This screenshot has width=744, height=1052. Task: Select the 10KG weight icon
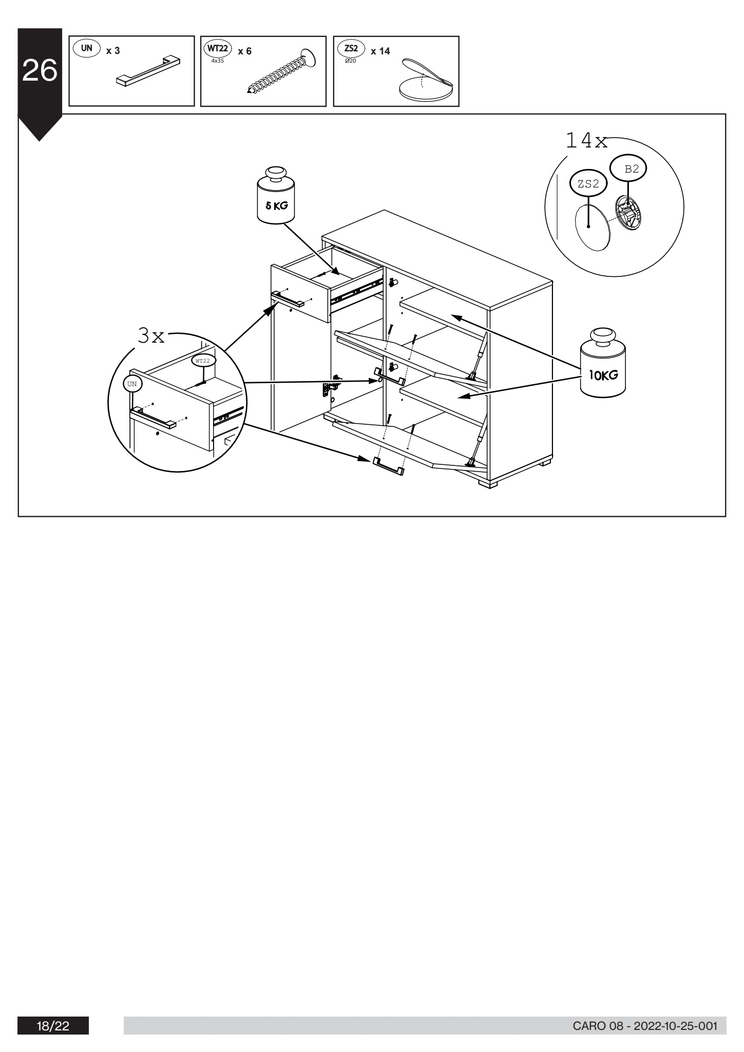click(x=603, y=364)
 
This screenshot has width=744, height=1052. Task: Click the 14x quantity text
click(x=586, y=140)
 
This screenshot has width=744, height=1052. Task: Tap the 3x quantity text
click(x=151, y=336)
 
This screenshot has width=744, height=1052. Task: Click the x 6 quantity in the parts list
click(x=244, y=51)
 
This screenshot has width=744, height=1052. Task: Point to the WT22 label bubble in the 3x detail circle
click(x=203, y=361)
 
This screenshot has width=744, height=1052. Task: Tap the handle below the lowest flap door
click(x=388, y=465)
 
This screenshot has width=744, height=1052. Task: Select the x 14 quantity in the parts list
click(x=380, y=51)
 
